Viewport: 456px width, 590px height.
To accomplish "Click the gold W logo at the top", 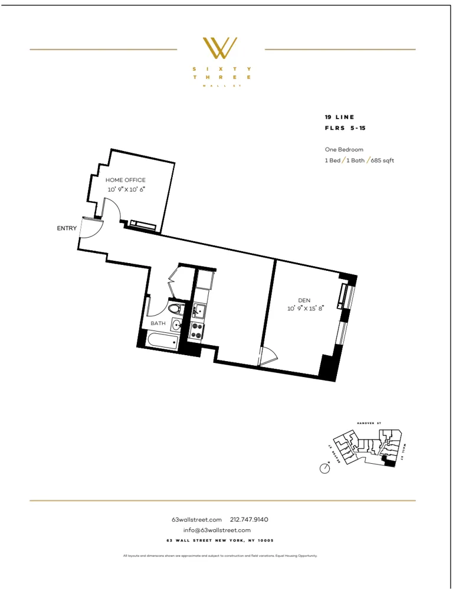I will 220,48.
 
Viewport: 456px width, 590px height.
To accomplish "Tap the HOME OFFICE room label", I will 125,180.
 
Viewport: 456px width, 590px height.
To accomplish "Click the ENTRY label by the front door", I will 67,228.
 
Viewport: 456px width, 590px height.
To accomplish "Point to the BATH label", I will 158,323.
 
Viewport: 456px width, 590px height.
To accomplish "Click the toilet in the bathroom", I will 175,309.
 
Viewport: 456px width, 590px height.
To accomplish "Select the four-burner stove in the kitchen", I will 197,330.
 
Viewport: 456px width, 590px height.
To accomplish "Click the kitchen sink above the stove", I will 199,309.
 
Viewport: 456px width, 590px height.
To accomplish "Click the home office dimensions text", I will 126,189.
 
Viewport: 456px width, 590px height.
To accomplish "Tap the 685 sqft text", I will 383,160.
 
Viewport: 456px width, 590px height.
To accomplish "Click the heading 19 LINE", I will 340,117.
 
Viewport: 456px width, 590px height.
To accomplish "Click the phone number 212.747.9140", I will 249,519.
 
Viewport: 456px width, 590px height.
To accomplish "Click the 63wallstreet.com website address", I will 196,519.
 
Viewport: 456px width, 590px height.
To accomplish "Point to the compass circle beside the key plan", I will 324,468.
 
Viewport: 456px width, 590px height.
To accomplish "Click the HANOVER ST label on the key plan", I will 370,423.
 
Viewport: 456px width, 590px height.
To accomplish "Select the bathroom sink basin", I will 176,324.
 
